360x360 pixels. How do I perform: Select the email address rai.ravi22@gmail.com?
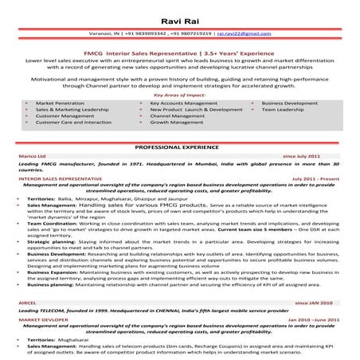coord(239,34)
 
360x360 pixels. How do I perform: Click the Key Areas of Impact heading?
coord(179,95)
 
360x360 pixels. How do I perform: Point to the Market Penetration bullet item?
coord(58,104)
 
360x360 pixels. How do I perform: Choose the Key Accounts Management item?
coord(182,104)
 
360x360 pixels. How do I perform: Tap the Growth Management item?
coord(176,123)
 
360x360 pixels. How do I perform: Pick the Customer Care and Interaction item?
coord(73,123)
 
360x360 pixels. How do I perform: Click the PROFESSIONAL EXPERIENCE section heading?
coord(179,148)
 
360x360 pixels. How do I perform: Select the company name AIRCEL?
coord(28,303)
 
